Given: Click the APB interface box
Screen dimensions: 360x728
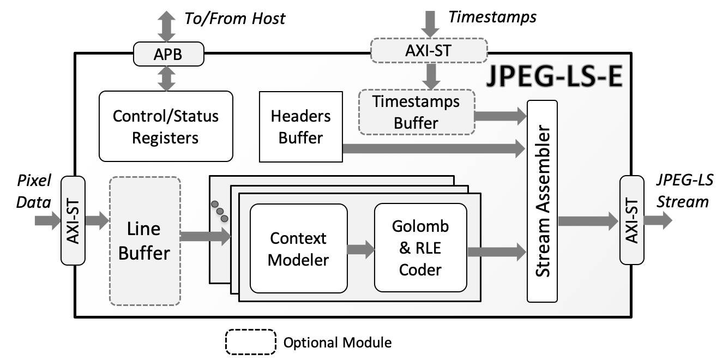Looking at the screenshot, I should pyautogui.click(x=168, y=55).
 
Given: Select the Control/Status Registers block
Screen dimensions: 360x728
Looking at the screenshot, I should pyautogui.click(x=166, y=127).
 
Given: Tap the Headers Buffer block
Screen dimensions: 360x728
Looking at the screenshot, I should pyautogui.click(x=300, y=127).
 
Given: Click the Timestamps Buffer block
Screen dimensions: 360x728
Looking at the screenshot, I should pyautogui.click(x=416, y=112).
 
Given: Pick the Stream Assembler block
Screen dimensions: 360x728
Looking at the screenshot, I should pyautogui.click(x=542, y=201).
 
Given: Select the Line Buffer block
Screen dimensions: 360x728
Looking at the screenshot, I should pyautogui.click(x=145, y=241).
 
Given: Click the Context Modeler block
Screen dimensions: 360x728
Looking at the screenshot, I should pyautogui.click(x=298, y=249).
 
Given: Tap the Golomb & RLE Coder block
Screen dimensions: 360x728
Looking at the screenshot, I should pyautogui.click(x=420, y=248).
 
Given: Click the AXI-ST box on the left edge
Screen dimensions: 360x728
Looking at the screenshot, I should pyautogui.click(x=73, y=220).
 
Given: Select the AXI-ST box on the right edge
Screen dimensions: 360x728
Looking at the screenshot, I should pyautogui.click(x=631, y=220).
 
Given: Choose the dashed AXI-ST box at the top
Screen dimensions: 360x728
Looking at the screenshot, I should pyautogui.click(x=428, y=51).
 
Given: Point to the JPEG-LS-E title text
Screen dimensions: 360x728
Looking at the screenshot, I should pyautogui.click(x=554, y=77).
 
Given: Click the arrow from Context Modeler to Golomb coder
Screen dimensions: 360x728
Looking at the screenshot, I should pyautogui.click(x=360, y=249).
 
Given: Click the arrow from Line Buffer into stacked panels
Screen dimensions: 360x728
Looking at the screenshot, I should pyautogui.click(x=205, y=236).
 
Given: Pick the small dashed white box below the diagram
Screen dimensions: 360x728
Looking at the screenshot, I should pyautogui.click(x=251, y=341).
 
